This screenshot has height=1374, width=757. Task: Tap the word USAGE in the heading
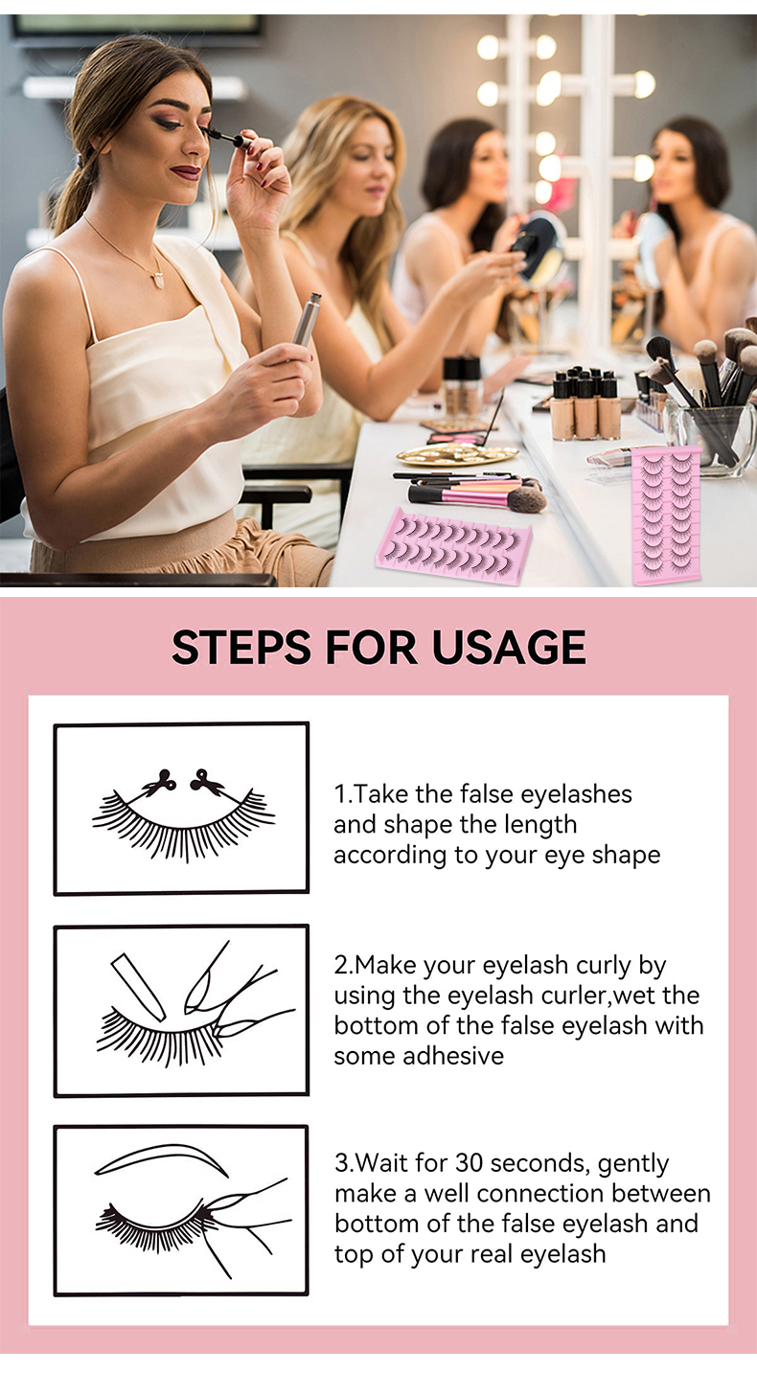[508, 649]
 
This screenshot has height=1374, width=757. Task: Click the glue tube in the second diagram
[138, 987]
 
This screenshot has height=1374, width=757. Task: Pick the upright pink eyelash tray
[666, 515]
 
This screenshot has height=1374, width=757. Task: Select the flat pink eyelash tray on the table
[453, 546]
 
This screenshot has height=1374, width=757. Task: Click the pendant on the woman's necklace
[159, 279]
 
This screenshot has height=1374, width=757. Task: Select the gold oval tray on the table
[456, 454]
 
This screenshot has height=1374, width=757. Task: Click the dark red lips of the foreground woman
[186, 172]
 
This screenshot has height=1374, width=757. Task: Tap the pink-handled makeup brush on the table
[476, 496]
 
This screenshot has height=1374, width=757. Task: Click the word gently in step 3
[632, 1164]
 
